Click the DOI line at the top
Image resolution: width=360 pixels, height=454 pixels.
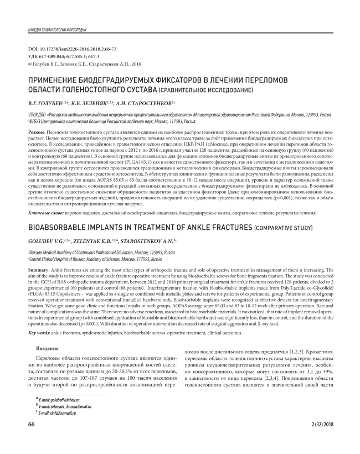(x=72, y=49)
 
